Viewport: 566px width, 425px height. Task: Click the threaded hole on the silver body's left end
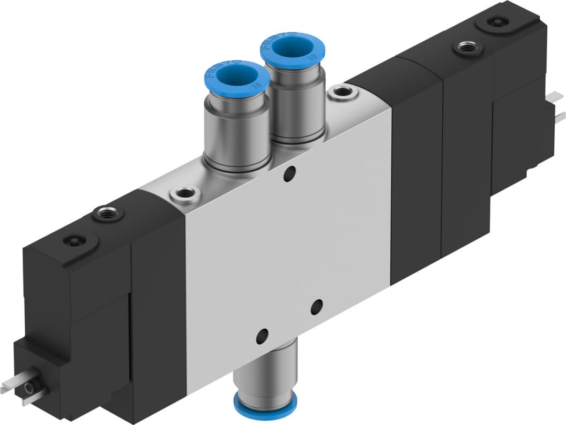pos(184,194)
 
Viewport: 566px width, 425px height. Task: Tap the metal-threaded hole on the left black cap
pos(108,214)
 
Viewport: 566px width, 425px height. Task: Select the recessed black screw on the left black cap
pos(74,241)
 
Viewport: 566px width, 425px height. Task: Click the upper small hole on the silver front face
pos(289,173)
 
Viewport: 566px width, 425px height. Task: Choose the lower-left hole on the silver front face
pos(262,336)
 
